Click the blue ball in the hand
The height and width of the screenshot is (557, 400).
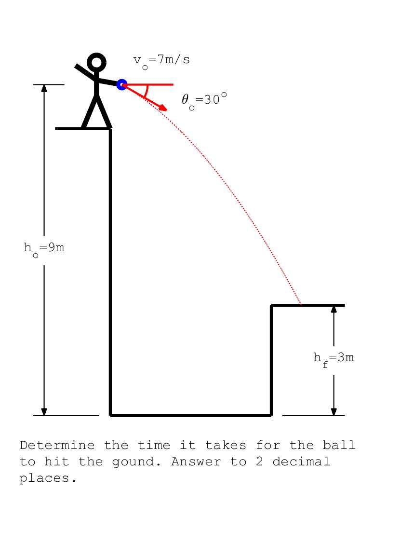click(122, 84)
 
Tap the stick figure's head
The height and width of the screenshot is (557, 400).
click(96, 62)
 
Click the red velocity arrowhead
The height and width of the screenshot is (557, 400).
click(163, 108)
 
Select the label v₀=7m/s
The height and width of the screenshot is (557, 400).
click(161, 61)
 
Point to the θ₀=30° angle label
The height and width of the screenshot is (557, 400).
click(204, 101)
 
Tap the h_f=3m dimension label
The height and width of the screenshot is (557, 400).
click(333, 359)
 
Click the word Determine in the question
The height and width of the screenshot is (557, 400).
click(57, 445)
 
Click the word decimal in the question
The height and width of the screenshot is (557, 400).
click(301, 462)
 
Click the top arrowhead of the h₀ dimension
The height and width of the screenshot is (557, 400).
click(44, 88)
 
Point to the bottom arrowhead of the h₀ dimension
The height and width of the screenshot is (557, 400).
click(44, 412)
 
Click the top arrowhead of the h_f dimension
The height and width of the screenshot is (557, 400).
click(333, 309)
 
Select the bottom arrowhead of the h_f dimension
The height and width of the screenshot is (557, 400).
click(333, 412)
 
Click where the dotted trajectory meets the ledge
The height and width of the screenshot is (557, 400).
click(301, 305)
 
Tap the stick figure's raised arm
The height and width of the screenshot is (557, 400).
click(85, 72)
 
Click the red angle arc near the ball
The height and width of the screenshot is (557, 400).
click(145, 91)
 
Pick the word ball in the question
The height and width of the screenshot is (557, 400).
click(339, 445)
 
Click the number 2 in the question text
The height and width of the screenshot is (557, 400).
click(259, 462)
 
